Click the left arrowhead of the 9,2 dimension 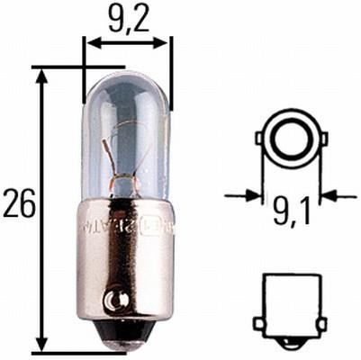pos(91,41)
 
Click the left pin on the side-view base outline pos(259,321)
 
